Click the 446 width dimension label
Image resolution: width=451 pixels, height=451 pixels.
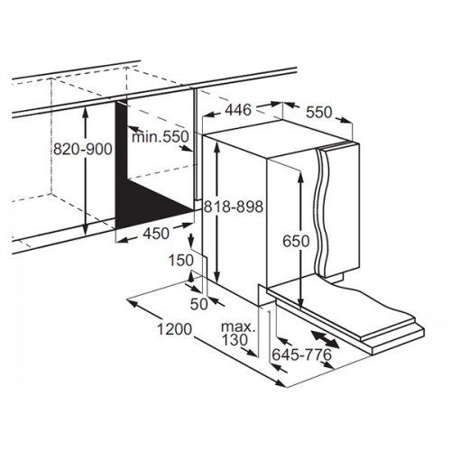(x=238, y=110)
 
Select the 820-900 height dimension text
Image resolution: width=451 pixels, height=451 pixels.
(x=83, y=149)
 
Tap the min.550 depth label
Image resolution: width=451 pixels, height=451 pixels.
(x=161, y=137)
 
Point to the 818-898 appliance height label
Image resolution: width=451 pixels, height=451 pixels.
(x=234, y=207)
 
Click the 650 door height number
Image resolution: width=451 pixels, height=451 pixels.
(x=296, y=241)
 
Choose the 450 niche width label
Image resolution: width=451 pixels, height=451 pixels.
(x=156, y=234)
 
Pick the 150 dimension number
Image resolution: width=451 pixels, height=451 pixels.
(x=180, y=261)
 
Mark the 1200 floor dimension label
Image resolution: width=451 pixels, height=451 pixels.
(x=174, y=329)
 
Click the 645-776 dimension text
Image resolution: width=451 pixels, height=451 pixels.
(x=301, y=354)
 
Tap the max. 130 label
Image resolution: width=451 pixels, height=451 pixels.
(x=238, y=334)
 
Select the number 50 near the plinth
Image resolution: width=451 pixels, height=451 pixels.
(x=199, y=304)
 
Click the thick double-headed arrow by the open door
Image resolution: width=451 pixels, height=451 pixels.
(x=325, y=339)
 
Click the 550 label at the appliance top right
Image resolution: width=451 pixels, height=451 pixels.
(x=319, y=113)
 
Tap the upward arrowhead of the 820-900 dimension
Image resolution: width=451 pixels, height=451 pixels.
(x=86, y=109)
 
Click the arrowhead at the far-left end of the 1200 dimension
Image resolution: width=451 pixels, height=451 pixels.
(x=133, y=302)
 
